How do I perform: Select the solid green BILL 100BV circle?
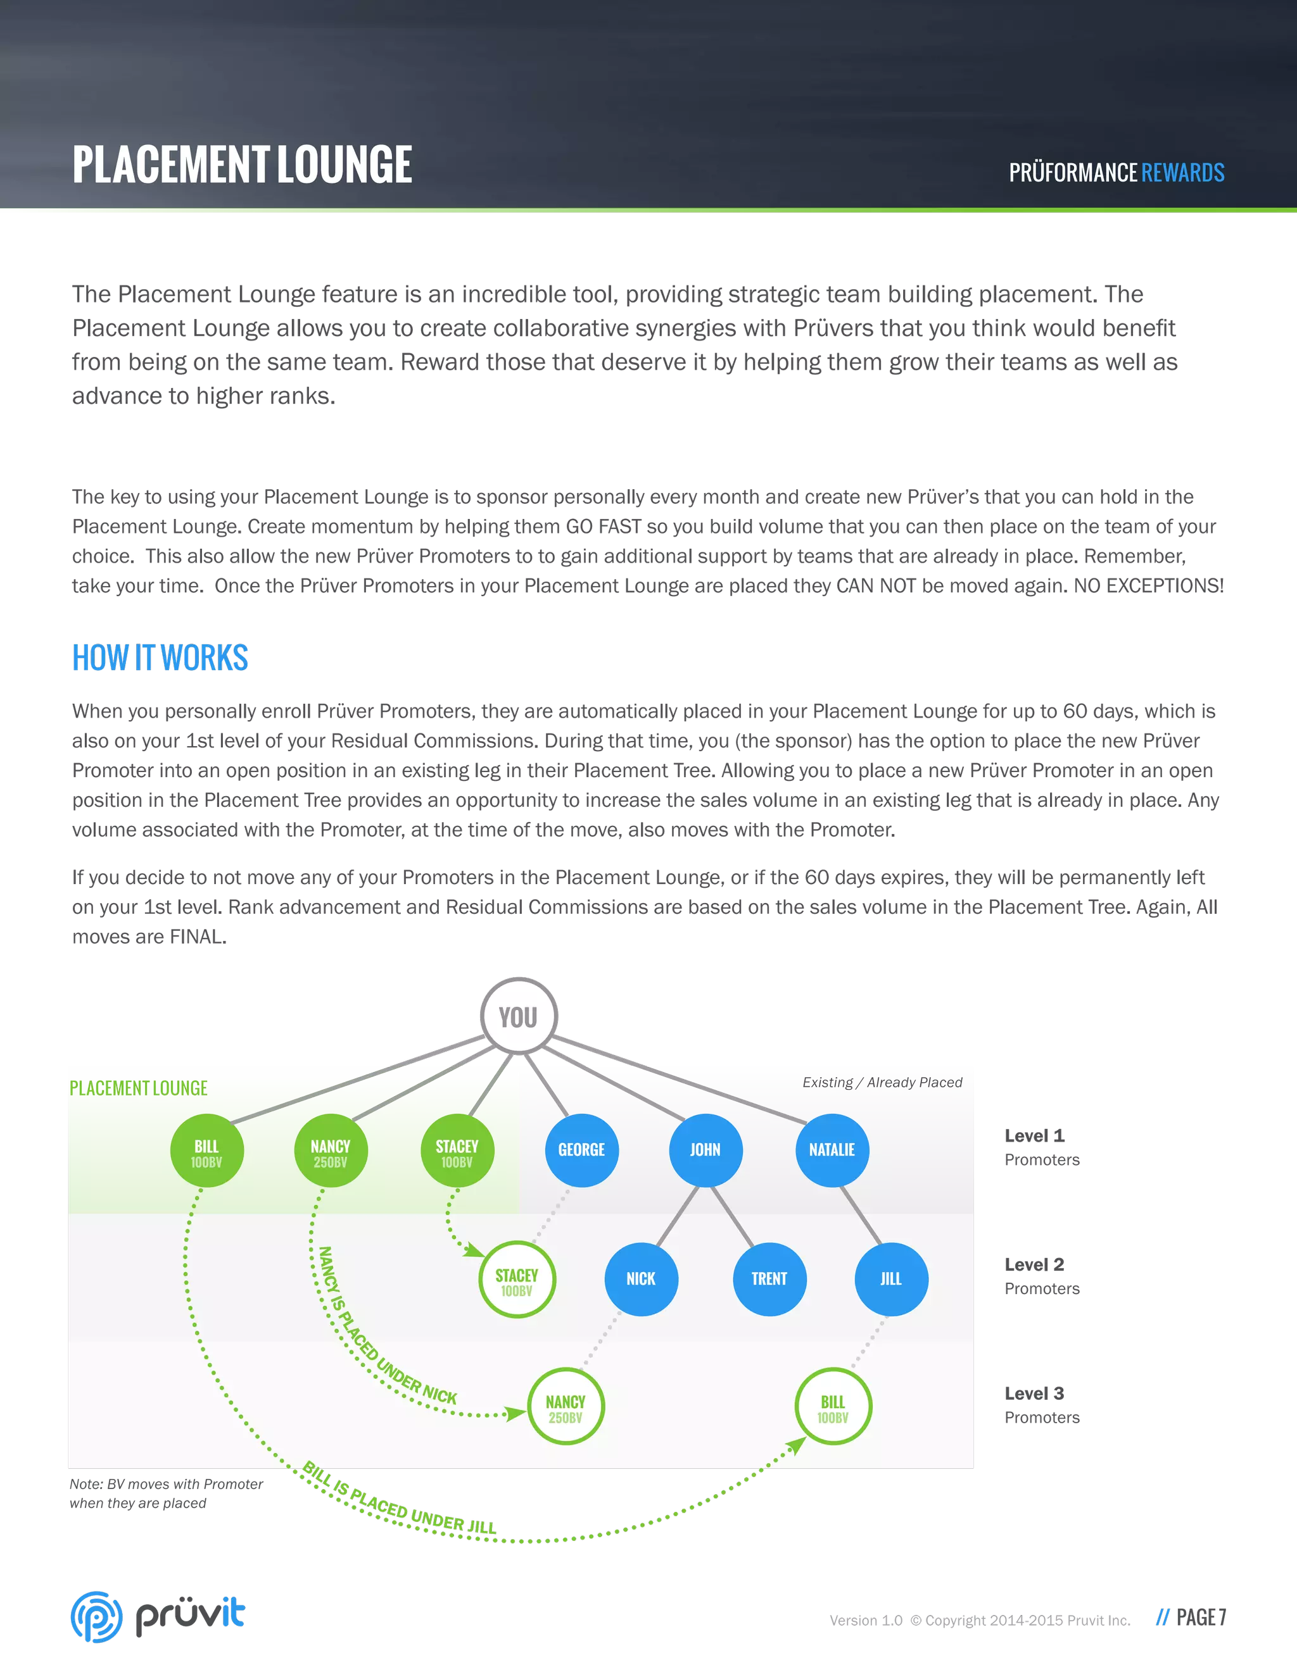206,1150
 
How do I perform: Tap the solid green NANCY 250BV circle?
331,1150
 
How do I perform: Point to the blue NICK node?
641,1278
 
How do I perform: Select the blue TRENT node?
769,1278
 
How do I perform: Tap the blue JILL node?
891,1278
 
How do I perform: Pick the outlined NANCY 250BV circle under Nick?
566,1407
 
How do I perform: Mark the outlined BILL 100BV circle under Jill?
833,1407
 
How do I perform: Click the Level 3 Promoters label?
1041,1404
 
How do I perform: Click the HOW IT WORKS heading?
160,658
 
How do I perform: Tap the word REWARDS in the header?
1182,173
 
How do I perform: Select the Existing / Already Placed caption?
882,1082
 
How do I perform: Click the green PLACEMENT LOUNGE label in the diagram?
138,1088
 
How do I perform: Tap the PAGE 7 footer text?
1200,1617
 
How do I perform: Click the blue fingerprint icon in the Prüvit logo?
96,1616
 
